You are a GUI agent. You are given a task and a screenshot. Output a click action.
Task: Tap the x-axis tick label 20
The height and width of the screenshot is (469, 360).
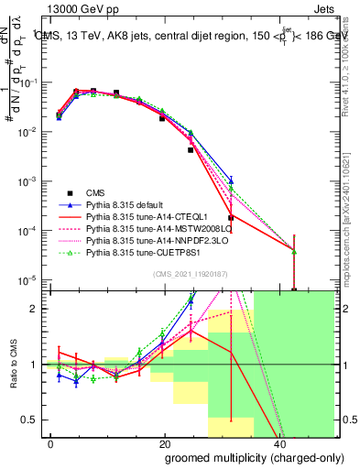point(164,442)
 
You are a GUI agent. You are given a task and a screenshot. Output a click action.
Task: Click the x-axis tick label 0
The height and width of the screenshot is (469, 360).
point(50,442)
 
